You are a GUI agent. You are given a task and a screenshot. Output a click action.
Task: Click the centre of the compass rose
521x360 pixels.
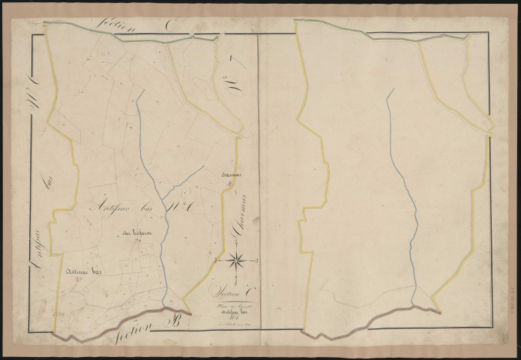(235, 260)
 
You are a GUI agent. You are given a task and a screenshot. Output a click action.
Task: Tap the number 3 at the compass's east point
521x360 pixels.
(257, 260)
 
